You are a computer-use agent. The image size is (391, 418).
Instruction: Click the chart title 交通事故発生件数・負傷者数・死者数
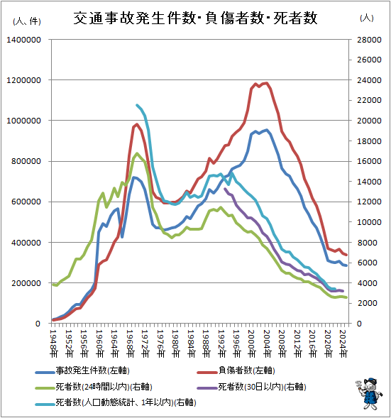point(195,18)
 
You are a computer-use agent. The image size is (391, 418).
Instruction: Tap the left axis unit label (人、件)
point(27,21)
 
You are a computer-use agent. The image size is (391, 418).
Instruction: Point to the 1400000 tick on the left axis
point(23,40)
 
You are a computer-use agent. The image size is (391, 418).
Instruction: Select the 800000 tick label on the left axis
point(26,161)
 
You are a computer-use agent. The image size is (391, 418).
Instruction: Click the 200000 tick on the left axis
point(26,283)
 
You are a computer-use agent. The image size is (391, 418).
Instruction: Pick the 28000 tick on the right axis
point(369,40)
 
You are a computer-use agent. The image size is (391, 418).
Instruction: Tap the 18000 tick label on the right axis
point(369,141)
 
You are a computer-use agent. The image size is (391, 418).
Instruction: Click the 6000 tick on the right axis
point(367,263)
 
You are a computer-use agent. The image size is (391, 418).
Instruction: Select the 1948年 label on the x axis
point(54,343)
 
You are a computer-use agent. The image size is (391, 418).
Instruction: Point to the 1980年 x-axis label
point(176,343)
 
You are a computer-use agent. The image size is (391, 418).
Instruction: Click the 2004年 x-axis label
point(268,343)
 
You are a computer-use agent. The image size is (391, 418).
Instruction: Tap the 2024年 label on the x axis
point(343,343)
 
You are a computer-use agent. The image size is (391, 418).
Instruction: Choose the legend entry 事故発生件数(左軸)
point(82,370)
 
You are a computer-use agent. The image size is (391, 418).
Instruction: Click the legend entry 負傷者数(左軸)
point(236,370)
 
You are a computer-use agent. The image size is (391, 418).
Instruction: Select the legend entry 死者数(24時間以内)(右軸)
point(94,387)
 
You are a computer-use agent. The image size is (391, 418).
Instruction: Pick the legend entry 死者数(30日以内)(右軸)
point(251,387)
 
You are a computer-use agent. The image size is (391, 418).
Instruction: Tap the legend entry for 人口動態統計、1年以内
point(116,402)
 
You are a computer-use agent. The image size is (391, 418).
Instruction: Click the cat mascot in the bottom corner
point(370,393)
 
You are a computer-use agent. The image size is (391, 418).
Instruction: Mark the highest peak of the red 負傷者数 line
point(267,83)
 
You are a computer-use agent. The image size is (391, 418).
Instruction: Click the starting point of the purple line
point(225,189)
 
